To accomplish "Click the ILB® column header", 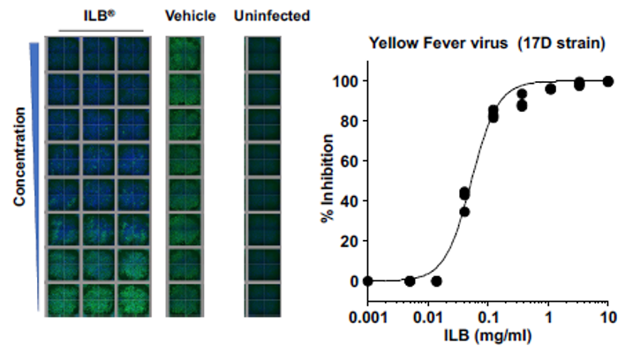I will (102, 15).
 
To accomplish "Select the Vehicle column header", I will (184, 15).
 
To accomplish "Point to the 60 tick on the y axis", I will (350, 161).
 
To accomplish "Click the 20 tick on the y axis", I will (350, 241).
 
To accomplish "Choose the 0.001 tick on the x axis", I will (368, 317).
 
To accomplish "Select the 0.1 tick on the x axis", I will (487, 317).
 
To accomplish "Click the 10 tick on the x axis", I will (607, 317).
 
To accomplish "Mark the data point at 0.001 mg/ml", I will (368, 281).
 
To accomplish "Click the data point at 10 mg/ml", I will (607, 81).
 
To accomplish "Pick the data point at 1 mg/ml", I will (550, 89).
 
